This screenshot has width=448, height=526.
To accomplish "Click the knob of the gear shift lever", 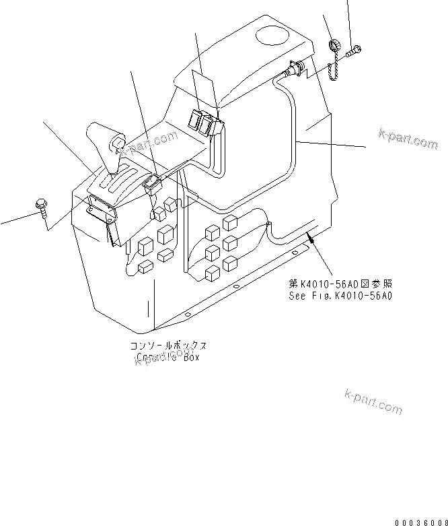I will pyautogui.click(x=118, y=143).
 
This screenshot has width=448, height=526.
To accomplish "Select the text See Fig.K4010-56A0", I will pyautogui.click(x=340, y=294).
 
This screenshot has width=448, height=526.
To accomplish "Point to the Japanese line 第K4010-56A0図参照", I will pyautogui.click(x=339, y=284).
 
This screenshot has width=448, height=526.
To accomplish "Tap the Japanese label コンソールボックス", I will pyautogui.click(x=168, y=346).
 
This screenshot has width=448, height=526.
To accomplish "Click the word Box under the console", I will pyautogui.click(x=188, y=357).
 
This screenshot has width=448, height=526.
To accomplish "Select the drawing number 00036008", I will pyautogui.click(x=421, y=521).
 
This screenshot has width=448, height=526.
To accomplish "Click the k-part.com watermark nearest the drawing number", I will pyautogui.click(x=373, y=401).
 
